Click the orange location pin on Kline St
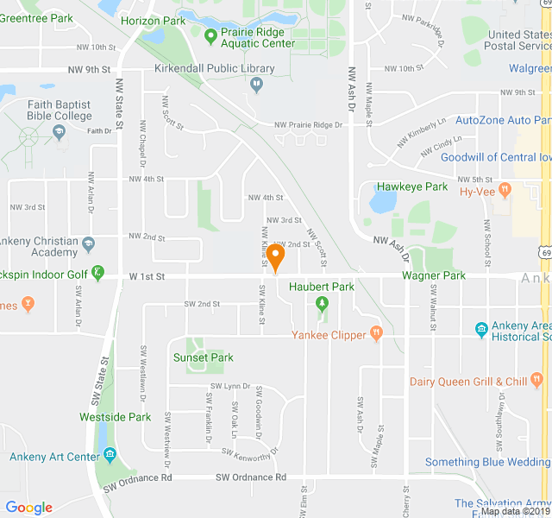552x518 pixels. coord(275,256)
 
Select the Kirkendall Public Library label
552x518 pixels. coord(214,68)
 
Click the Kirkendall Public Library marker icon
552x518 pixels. coord(256,85)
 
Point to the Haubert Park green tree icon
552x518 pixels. coord(322,303)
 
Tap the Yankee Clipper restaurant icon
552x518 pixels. coord(375,332)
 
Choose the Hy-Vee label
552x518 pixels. coord(477,192)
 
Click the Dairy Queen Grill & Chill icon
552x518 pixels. coord(536,378)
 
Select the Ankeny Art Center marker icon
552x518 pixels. coord(110,454)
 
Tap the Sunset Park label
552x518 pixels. coord(204,357)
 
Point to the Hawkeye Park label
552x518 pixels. coord(411,186)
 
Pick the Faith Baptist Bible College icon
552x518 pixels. coord(60,132)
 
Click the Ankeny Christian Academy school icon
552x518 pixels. coord(87,248)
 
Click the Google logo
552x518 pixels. coord(28,508)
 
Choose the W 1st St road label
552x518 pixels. coord(146,275)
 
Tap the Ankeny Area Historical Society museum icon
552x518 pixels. coord(481,329)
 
